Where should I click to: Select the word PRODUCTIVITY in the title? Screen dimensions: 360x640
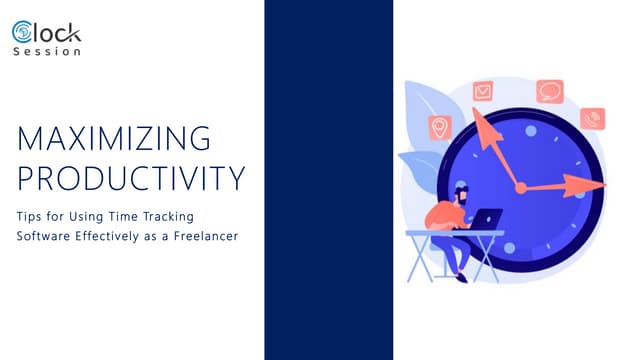pos(131,178)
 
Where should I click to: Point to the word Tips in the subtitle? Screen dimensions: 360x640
pos(30,215)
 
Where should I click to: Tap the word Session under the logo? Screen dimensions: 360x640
pos(47,52)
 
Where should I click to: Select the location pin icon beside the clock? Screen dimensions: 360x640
pos(438,129)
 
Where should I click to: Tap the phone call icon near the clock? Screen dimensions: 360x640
pos(592,119)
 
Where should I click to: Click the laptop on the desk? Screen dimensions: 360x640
pos(489,219)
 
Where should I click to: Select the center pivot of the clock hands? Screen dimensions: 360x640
pos(520,187)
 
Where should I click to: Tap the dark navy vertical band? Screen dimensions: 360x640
pos(328,180)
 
